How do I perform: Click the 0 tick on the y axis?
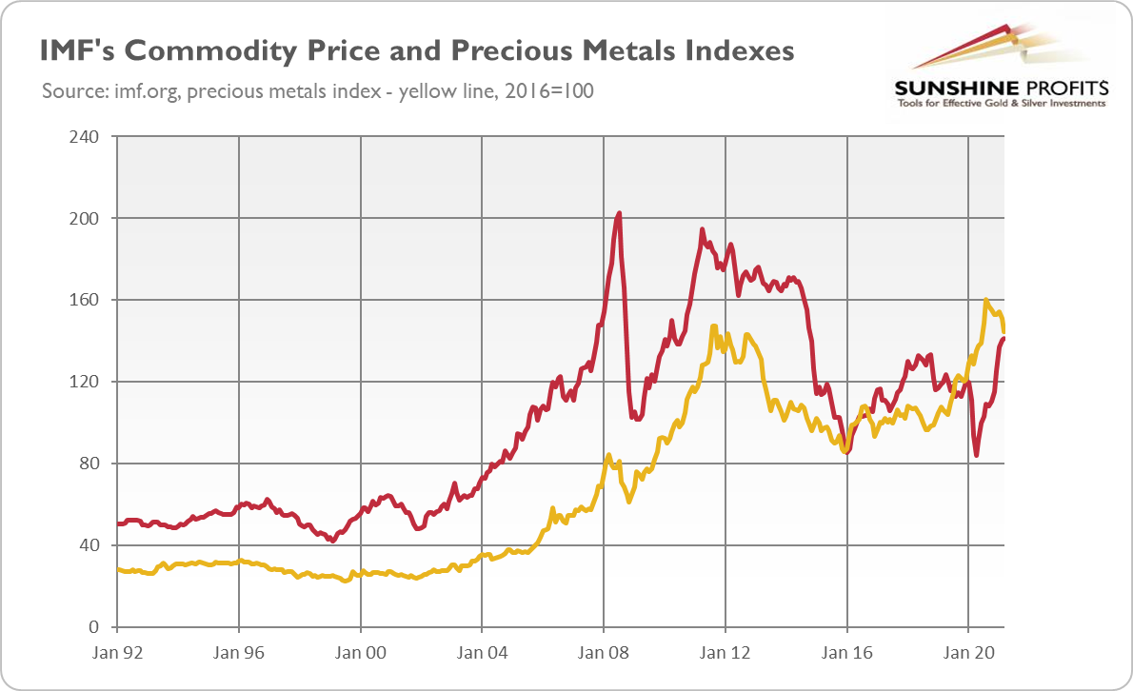click(94, 627)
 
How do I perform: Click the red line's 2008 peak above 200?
click(619, 213)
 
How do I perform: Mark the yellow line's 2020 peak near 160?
click(986, 300)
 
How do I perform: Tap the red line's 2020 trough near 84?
click(977, 455)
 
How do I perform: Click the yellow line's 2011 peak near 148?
click(713, 326)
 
